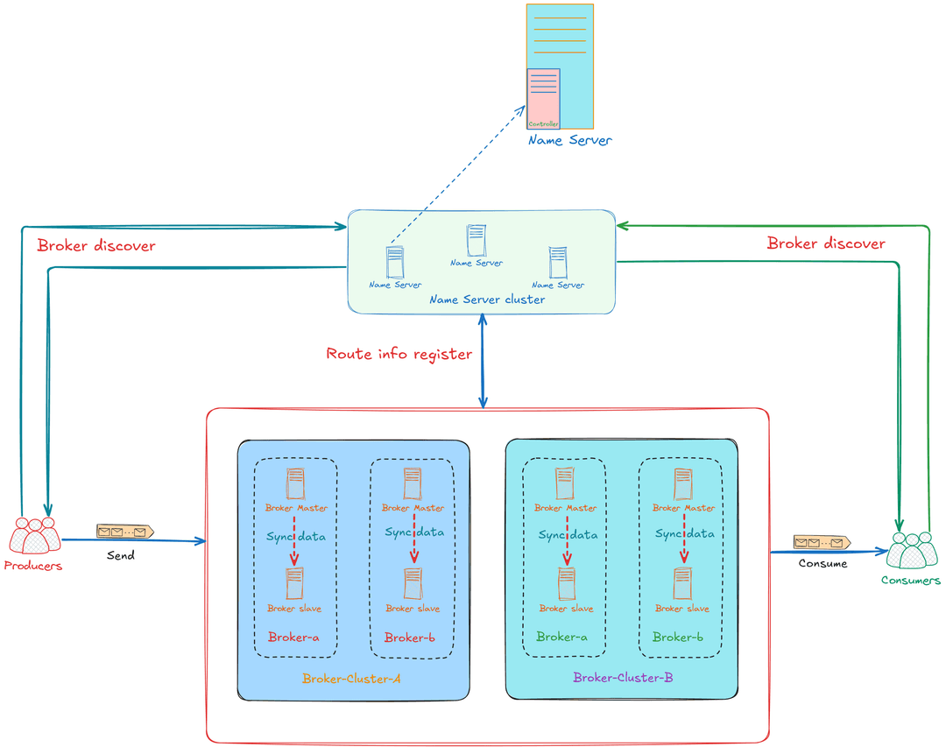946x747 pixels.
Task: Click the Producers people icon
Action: (x=34, y=535)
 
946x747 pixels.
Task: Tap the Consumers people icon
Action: (x=912, y=550)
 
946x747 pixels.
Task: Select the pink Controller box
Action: (x=543, y=98)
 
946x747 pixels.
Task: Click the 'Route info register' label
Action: (x=399, y=354)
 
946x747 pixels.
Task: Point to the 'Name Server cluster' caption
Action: (x=487, y=300)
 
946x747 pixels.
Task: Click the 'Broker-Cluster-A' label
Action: (x=351, y=679)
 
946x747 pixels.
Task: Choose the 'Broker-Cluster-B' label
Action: (x=623, y=678)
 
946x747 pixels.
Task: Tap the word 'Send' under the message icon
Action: (x=121, y=555)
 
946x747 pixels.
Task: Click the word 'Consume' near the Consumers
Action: (x=822, y=563)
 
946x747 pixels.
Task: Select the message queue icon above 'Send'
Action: (x=125, y=532)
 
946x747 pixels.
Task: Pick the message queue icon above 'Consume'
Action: (x=822, y=542)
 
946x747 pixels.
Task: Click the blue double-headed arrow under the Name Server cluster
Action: (x=483, y=362)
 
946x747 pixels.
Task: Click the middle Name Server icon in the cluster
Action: (x=476, y=240)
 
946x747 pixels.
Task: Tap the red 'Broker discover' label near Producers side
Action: (x=96, y=245)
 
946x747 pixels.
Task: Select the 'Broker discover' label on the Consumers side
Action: (x=826, y=243)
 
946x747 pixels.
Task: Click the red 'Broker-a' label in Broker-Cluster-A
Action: (x=293, y=638)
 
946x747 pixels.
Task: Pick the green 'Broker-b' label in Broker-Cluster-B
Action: (x=677, y=638)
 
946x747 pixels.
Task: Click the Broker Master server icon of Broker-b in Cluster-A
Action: (x=413, y=484)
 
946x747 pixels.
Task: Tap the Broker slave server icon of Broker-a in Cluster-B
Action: (x=567, y=583)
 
